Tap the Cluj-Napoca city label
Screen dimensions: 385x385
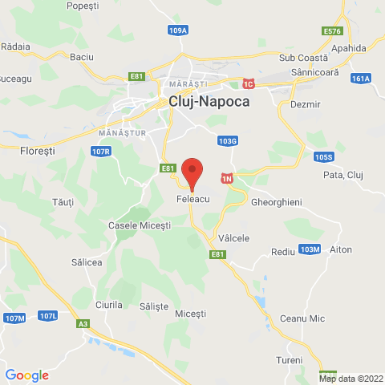[x=209, y=102]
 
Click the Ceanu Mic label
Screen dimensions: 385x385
[x=302, y=318]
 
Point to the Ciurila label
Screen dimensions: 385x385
[x=108, y=305]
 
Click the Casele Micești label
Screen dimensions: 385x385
[x=140, y=226]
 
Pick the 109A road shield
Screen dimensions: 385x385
[x=178, y=30]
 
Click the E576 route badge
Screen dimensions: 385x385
[x=332, y=31]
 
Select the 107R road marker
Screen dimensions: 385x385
[x=100, y=150]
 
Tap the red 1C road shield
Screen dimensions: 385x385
[x=249, y=83]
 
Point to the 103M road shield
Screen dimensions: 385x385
[x=310, y=249]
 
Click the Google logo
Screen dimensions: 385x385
[x=27, y=375]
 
